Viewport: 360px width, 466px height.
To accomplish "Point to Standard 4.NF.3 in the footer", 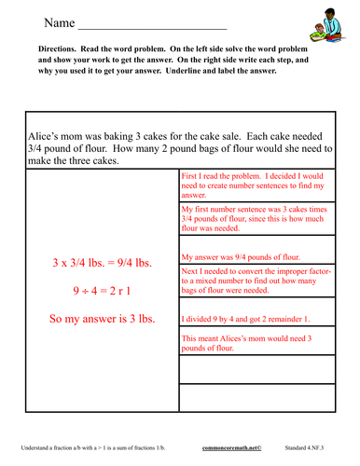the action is [x=311, y=448].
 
